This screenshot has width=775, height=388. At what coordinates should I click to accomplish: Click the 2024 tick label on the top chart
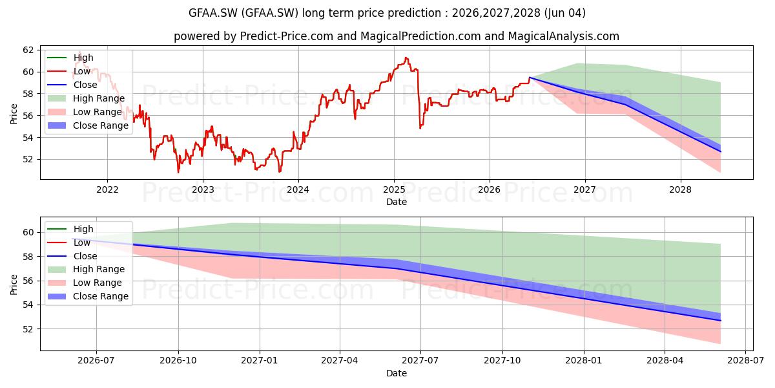[298, 189]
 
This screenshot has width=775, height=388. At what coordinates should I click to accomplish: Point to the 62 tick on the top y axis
[28, 50]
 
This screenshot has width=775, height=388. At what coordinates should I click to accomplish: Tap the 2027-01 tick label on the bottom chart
[259, 360]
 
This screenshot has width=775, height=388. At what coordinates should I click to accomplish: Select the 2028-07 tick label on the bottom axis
[745, 360]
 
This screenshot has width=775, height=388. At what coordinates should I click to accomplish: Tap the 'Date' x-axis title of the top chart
[397, 202]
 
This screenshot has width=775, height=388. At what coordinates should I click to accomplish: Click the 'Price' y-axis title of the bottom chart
[14, 285]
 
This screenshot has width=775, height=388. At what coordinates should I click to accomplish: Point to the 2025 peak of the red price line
[406, 58]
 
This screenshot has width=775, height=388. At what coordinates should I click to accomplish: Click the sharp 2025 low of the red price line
[420, 129]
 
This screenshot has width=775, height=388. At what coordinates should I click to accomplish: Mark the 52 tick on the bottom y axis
[28, 329]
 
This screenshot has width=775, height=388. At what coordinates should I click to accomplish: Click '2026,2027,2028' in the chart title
[496, 13]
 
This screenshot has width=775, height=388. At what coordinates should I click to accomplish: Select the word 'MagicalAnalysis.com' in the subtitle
[564, 36]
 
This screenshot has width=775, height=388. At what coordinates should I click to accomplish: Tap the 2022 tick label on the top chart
[107, 189]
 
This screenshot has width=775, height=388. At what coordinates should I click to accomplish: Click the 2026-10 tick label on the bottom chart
[178, 360]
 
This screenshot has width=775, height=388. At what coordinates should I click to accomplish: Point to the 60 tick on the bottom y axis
[28, 232]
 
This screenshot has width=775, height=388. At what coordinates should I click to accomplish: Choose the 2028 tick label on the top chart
[680, 189]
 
